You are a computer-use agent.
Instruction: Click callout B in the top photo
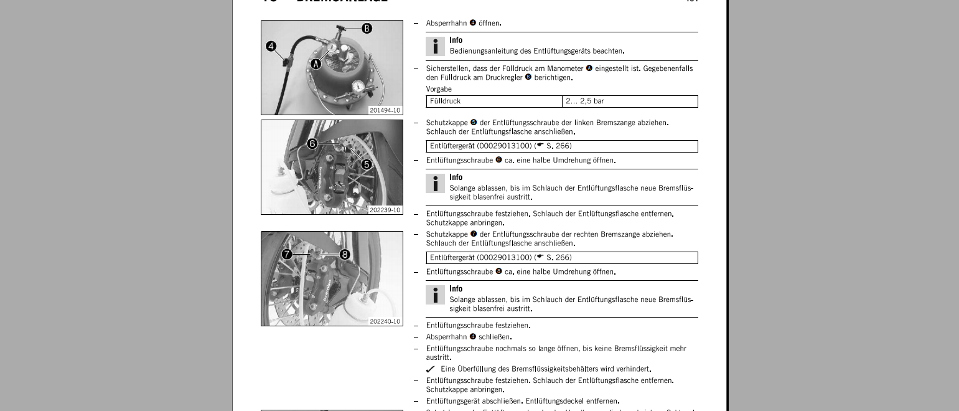[x=367, y=28]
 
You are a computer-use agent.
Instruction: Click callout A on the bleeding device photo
[x=316, y=64]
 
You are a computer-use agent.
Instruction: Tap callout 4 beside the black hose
[x=271, y=46]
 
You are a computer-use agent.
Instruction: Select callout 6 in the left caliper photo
[x=312, y=144]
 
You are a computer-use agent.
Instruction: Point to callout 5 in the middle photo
[x=367, y=164]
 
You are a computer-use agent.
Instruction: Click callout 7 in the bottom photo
[x=287, y=254]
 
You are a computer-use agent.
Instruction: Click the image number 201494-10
[x=385, y=110]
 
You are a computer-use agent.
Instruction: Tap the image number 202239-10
[x=385, y=210]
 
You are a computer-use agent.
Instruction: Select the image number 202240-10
[x=385, y=321]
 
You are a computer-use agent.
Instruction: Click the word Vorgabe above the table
[x=439, y=89]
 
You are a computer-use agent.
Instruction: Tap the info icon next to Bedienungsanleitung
[x=435, y=46]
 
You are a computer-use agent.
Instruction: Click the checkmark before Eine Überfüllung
[x=431, y=369]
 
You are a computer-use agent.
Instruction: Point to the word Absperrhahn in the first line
[x=446, y=23]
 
